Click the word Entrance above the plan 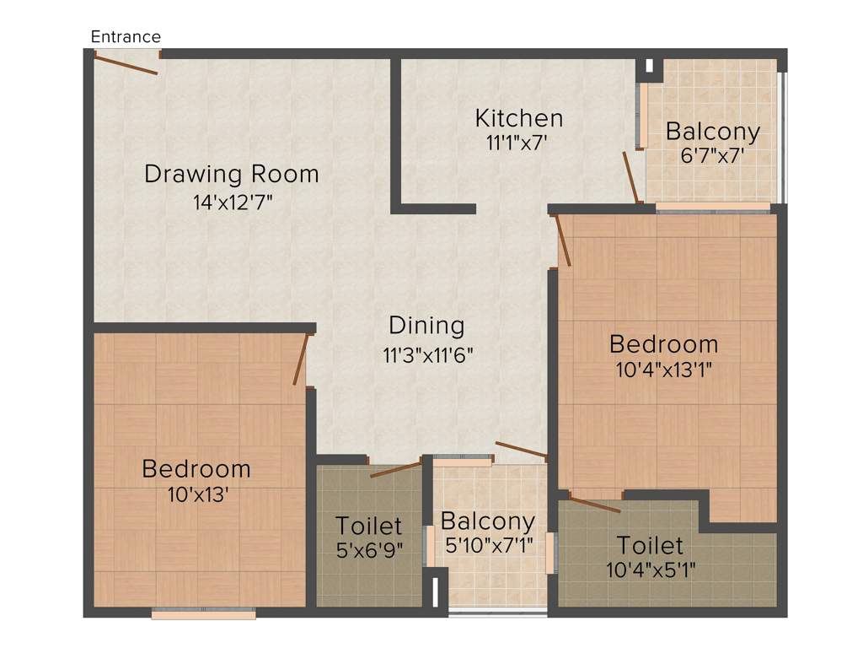pos(126,36)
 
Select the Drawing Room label pos(232,175)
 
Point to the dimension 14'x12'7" pos(232,202)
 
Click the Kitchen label pos(518,117)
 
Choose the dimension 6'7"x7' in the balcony pos(712,157)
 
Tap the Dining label pos(426,325)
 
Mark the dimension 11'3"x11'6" pos(428,354)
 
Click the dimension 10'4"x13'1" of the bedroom pos(663,370)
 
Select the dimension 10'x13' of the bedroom pos(196,494)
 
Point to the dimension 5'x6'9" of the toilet pos(368,550)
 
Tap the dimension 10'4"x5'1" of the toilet pos(650,570)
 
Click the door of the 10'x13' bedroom pos(301,359)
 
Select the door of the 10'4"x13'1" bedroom pos(563,240)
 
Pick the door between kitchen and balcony pos(630,177)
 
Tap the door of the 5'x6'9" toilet pos(395,469)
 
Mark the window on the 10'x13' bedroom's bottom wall pos(203,613)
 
